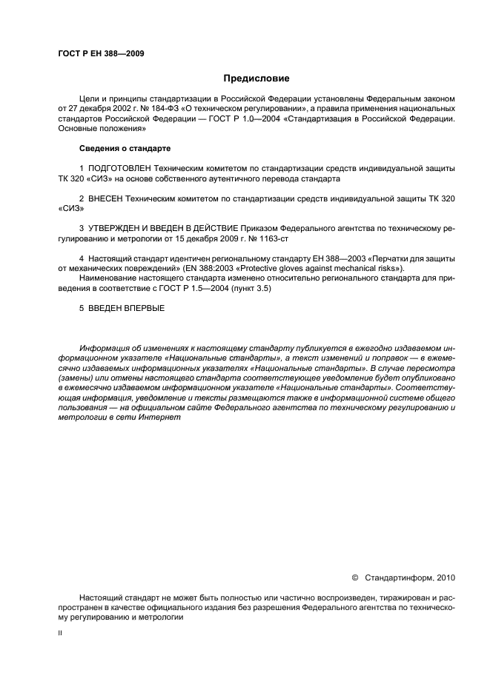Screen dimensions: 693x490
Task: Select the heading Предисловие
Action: pyautogui.click(x=256, y=78)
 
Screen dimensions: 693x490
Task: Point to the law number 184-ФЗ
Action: pyautogui.click(x=153, y=107)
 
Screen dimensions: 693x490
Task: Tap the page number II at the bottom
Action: pyautogui.click(x=60, y=634)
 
